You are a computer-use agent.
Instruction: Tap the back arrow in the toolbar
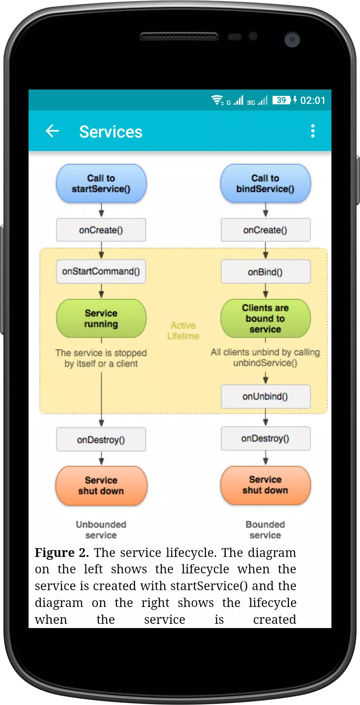coord(52,131)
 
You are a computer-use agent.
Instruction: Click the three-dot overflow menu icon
coord(313,131)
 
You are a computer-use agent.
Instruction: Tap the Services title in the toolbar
coord(111,132)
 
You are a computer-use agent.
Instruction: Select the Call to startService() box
coord(101,183)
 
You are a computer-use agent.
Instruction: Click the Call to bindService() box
coord(266,183)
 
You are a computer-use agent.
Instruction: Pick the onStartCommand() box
coord(101,271)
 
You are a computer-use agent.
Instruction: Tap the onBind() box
coord(266,272)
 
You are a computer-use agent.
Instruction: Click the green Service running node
coord(101,318)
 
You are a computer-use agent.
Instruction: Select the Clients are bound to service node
coord(266,318)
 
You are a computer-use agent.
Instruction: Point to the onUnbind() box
coord(266,397)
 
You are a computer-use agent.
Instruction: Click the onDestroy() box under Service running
coord(101,440)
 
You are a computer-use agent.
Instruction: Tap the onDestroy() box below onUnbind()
coord(266,438)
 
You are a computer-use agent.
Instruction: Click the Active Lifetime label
coord(183,331)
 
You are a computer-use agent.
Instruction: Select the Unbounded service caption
coord(101,530)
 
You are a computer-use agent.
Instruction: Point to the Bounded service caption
coord(265,530)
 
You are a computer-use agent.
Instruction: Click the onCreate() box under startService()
coord(101,230)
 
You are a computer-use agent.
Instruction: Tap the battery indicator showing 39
coord(282,100)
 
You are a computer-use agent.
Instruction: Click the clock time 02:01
coord(313,101)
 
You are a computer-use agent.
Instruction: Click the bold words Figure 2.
coord(62,553)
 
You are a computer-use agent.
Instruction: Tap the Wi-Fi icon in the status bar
coord(217,100)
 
